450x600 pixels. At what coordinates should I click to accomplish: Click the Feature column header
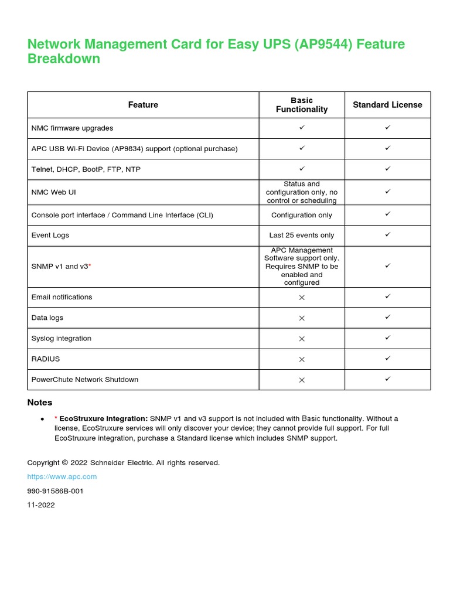(143, 105)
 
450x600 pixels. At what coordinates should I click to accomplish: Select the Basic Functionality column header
(302, 105)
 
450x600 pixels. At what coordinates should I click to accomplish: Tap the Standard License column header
(387, 105)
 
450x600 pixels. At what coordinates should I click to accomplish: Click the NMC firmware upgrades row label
(72, 128)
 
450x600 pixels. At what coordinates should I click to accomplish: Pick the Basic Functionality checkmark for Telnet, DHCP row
(302, 169)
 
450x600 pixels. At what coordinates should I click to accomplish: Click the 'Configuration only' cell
(302, 215)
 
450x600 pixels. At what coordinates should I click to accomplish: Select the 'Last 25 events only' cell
(302, 236)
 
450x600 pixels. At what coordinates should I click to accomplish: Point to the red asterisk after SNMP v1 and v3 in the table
(90, 267)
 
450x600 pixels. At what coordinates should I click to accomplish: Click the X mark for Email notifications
(302, 298)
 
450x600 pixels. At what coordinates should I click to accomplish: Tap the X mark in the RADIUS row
(302, 359)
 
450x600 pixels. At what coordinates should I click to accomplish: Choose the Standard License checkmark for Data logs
(387, 317)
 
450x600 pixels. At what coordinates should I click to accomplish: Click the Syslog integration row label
(61, 339)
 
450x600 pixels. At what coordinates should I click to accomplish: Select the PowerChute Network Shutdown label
(85, 380)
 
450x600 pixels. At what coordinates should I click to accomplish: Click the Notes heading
(40, 403)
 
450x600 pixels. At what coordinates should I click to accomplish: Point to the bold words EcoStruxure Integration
(104, 419)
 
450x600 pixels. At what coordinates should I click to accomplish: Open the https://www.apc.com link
(62, 477)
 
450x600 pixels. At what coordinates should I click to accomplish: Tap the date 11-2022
(41, 505)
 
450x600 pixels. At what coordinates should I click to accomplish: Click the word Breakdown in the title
(64, 59)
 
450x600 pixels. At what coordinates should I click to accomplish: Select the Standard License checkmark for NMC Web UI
(387, 191)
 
